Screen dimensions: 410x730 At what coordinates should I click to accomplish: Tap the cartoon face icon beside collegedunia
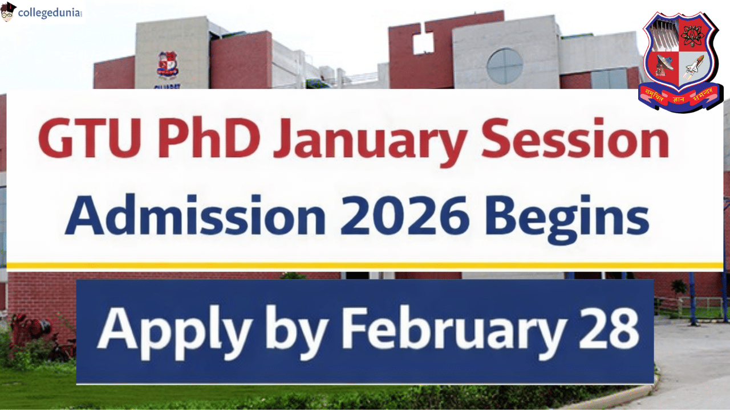point(9,11)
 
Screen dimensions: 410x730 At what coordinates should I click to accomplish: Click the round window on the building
point(505,66)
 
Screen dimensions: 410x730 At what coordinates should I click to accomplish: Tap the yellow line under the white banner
point(365,265)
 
